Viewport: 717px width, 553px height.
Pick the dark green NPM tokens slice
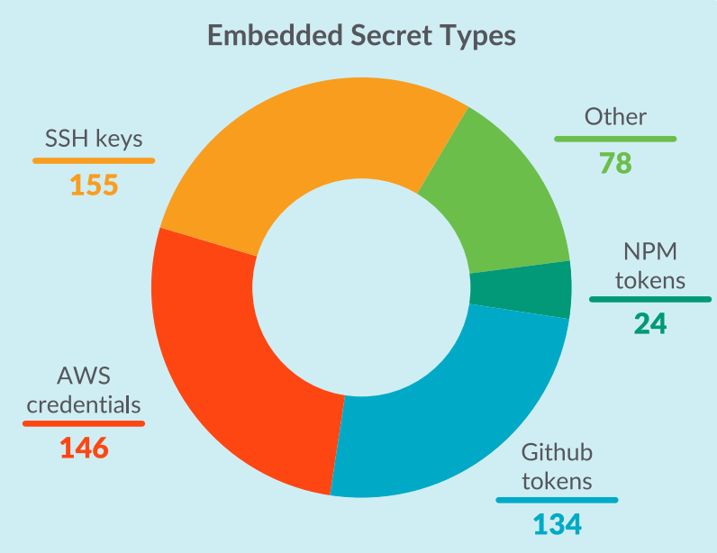coord(522,289)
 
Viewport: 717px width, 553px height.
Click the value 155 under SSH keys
coord(94,185)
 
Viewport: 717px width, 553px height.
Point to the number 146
coord(84,448)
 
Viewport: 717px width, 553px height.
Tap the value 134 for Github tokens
coord(558,524)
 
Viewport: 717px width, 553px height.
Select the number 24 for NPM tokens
coord(650,323)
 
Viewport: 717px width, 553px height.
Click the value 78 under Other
coord(615,163)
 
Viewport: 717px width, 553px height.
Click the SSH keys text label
coord(94,138)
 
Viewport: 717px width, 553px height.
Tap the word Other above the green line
coord(615,117)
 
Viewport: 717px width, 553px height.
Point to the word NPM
coord(650,251)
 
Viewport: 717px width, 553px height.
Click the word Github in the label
coord(557,452)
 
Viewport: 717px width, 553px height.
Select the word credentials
coord(84,404)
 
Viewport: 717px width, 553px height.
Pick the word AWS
coord(84,376)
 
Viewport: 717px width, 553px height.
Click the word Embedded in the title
coord(275,35)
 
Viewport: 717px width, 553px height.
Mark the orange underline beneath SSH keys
coord(94,160)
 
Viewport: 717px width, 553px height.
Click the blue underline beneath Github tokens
coord(557,500)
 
